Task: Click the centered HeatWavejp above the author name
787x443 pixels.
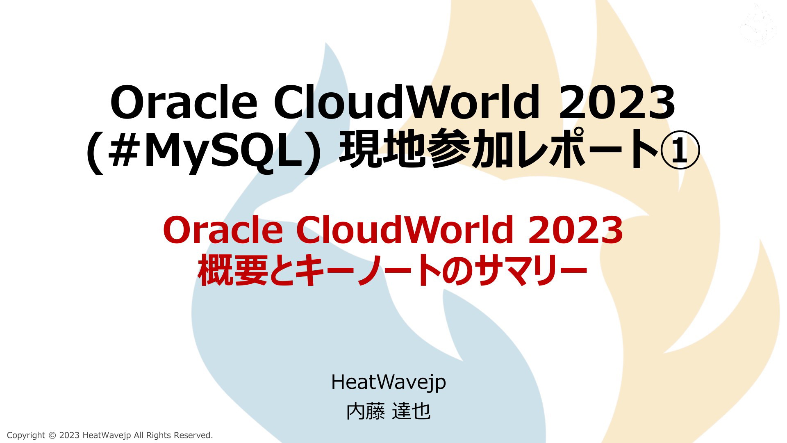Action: pos(388,382)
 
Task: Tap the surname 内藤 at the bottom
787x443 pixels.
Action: pos(366,411)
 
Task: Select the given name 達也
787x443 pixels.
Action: pos(411,411)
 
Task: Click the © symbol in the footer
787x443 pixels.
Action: pos(52,435)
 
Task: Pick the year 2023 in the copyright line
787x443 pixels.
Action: pos(69,435)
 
